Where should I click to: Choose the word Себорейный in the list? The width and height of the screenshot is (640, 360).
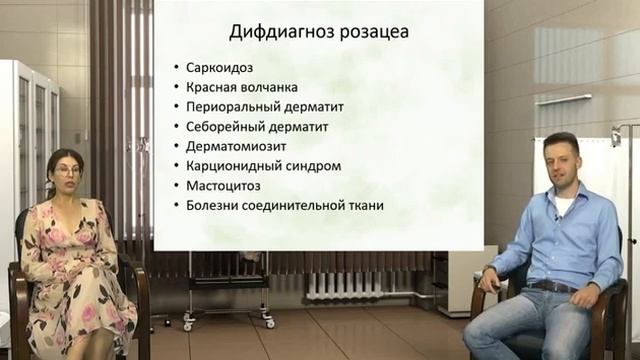(x=223, y=127)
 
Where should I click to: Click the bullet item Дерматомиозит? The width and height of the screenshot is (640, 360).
(x=234, y=146)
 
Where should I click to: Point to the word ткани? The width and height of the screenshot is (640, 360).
(x=364, y=206)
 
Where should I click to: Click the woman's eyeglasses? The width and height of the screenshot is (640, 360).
(x=68, y=171)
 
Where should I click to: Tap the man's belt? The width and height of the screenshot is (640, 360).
(x=548, y=287)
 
